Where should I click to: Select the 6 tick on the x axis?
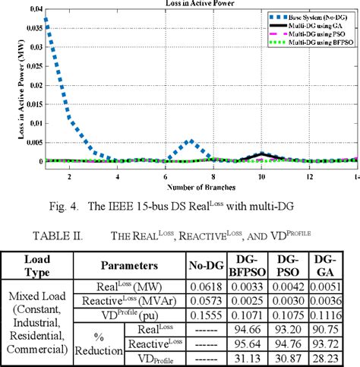point(166,176)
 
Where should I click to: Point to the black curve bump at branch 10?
point(261,155)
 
